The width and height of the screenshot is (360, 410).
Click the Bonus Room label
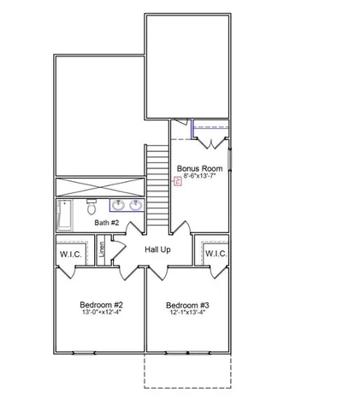pos(199,168)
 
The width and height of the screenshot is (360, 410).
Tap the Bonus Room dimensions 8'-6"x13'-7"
pos(199,177)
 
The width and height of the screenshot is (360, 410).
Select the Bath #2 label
pos(107,223)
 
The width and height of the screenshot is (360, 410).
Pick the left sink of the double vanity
pos(119,205)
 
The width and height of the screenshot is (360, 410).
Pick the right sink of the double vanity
pos(136,205)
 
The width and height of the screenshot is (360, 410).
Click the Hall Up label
pos(158,249)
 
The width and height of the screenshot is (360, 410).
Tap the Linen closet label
pos(102,250)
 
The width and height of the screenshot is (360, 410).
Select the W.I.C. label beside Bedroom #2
pos(70,254)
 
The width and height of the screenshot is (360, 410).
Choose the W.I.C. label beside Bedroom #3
pos(215,254)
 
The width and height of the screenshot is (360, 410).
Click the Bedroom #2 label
pos(102,305)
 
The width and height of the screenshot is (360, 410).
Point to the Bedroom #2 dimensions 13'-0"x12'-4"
pos(102,313)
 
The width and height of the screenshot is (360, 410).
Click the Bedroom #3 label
pos(187,305)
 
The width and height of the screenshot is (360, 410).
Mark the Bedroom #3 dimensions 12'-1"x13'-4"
pos(187,313)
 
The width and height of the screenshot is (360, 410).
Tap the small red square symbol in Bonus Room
pos(178,180)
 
